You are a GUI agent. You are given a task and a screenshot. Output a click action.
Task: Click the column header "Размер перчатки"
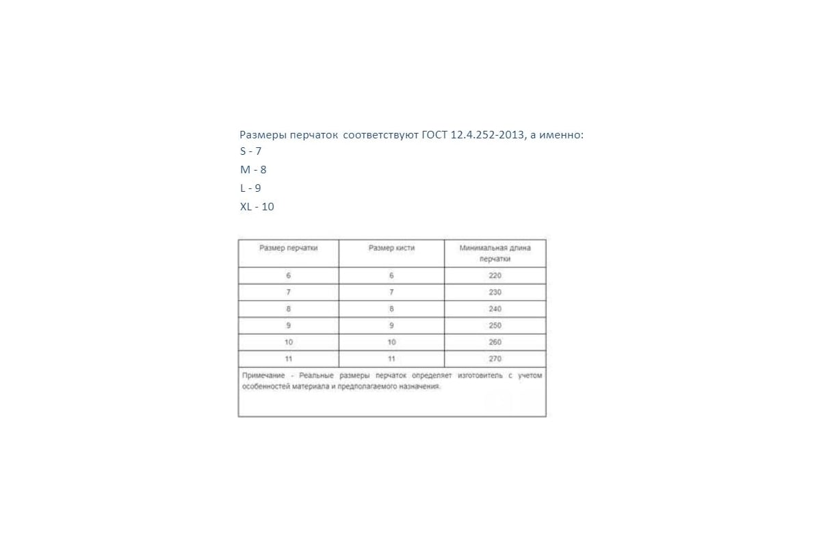tap(288, 248)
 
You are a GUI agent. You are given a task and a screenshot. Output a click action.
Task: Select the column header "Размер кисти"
tap(391, 248)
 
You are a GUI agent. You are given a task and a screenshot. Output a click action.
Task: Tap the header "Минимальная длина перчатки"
tap(495, 253)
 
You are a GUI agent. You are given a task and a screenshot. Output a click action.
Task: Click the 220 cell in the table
tap(495, 275)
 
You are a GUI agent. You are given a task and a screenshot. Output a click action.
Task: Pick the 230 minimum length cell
tap(495, 292)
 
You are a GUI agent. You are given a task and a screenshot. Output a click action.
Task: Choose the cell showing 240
tap(495, 309)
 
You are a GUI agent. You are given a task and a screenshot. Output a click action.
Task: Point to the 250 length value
tap(495, 325)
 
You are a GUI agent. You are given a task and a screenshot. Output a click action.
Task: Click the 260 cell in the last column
tap(495, 342)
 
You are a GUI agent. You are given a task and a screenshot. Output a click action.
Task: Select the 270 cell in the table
tap(495, 359)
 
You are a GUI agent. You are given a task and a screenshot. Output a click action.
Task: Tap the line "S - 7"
tap(250, 151)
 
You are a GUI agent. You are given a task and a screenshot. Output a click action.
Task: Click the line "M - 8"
tap(252, 170)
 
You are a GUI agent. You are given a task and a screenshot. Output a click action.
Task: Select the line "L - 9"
tap(250, 188)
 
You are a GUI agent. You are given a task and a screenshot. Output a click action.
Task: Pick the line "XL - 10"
tap(257, 206)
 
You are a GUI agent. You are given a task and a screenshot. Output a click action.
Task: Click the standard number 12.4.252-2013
tap(488, 135)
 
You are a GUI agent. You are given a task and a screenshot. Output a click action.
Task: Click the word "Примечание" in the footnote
tap(262, 375)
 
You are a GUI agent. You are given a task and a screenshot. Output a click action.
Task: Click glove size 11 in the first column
tap(288, 359)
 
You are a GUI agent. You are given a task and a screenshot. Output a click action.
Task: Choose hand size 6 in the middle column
tap(391, 275)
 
